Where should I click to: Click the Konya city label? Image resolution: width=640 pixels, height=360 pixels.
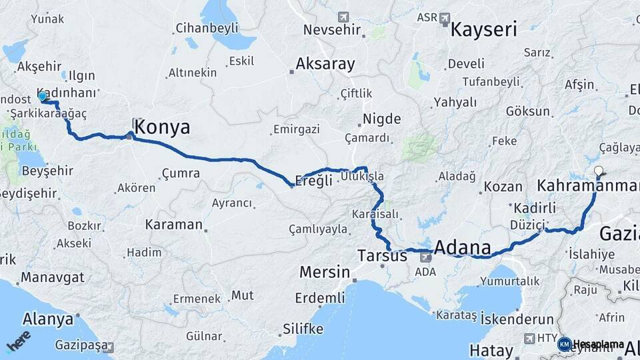[162, 127]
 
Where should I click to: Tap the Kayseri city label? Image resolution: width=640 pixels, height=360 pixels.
[484, 29]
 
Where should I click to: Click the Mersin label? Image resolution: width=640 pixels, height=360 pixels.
[325, 272]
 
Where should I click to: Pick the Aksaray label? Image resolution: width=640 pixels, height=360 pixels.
[325, 64]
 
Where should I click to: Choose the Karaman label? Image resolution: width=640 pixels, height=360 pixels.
[173, 224]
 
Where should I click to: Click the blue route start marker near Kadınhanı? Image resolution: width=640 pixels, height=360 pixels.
[42, 97]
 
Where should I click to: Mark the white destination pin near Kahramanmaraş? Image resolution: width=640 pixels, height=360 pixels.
[598, 171]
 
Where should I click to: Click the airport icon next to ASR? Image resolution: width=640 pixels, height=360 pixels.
[445, 17]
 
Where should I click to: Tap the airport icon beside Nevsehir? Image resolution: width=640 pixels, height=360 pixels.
[343, 17]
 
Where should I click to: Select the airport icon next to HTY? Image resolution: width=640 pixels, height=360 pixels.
[530, 338]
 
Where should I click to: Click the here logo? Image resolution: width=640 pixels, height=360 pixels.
[18, 341]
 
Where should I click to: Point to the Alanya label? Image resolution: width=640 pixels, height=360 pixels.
[48, 319]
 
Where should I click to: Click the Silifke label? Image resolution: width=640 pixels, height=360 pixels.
[303, 329]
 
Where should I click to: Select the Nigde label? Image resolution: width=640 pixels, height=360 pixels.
[382, 119]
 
